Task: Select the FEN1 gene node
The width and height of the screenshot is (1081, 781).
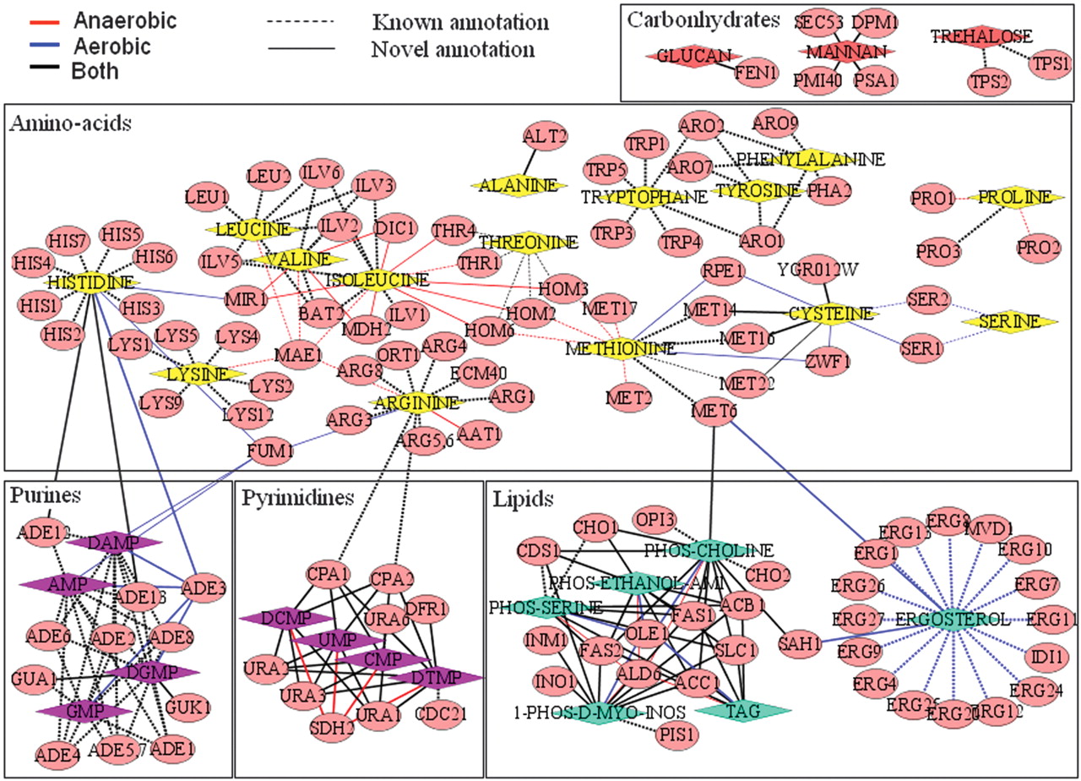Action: point(750,74)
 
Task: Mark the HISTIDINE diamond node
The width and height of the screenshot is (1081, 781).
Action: point(90,282)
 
